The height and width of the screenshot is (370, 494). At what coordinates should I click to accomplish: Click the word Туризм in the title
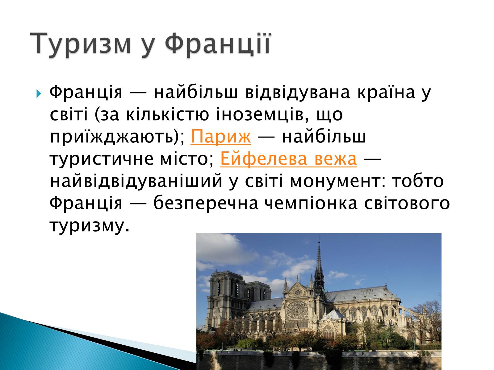coord(80,43)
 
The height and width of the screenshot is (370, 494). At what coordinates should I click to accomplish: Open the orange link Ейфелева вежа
coord(288,158)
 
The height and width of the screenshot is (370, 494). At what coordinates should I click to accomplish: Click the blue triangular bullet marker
coord(39,93)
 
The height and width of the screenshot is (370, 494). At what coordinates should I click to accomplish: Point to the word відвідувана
coord(298,92)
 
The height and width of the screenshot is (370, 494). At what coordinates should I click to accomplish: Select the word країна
coord(386,92)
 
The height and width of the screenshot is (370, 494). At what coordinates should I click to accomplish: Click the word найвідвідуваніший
coord(136,181)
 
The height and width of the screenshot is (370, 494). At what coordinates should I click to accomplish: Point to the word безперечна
coord(206,203)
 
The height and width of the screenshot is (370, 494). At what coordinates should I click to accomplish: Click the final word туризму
coord(89,226)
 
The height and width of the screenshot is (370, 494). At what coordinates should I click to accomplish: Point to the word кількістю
coord(167,114)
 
